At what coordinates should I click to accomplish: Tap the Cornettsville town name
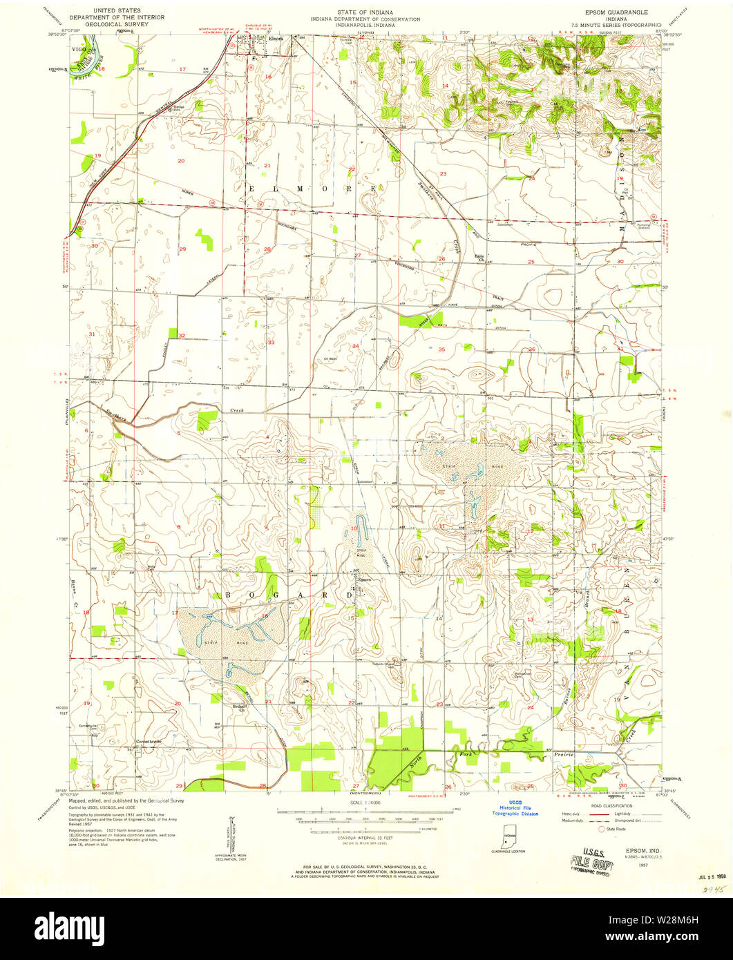[x=148, y=742]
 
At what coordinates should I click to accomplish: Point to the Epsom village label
[x=365, y=579]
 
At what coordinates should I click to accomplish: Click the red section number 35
[x=441, y=350]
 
